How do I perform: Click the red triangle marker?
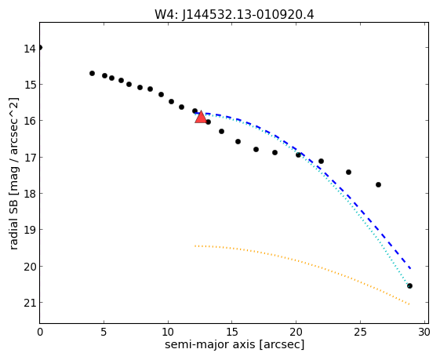pyautogui.click(x=201, y=117)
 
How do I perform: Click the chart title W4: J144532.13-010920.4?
pyautogui.click(x=234, y=14)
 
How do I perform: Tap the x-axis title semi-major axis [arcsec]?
pyautogui.click(x=235, y=344)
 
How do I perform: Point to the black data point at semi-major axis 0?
pyautogui.click(x=40, y=47)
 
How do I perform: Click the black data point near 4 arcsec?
pyautogui.click(x=92, y=73)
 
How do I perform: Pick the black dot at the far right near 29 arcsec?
pyautogui.click(x=409, y=286)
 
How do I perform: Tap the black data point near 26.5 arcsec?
pyautogui.click(x=378, y=184)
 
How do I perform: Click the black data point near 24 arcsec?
pyautogui.click(x=348, y=172)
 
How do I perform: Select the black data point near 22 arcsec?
pyautogui.click(x=321, y=161)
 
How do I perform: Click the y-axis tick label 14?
pyautogui.click(x=30, y=49)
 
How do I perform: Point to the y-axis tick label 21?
pyautogui.click(x=30, y=304)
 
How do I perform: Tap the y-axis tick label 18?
pyautogui.click(x=30, y=195)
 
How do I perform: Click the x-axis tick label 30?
pyautogui.click(x=424, y=333)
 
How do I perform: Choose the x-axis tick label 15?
pyautogui.click(x=232, y=333)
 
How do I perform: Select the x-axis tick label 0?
pyautogui.click(x=40, y=333)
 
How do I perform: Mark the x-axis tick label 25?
pyautogui.click(x=360, y=333)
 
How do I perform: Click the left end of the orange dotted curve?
pyautogui.click(x=195, y=246)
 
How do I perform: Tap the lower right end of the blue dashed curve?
pyautogui.click(x=410, y=268)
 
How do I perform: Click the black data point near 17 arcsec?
pyautogui.click(x=256, y=149)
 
